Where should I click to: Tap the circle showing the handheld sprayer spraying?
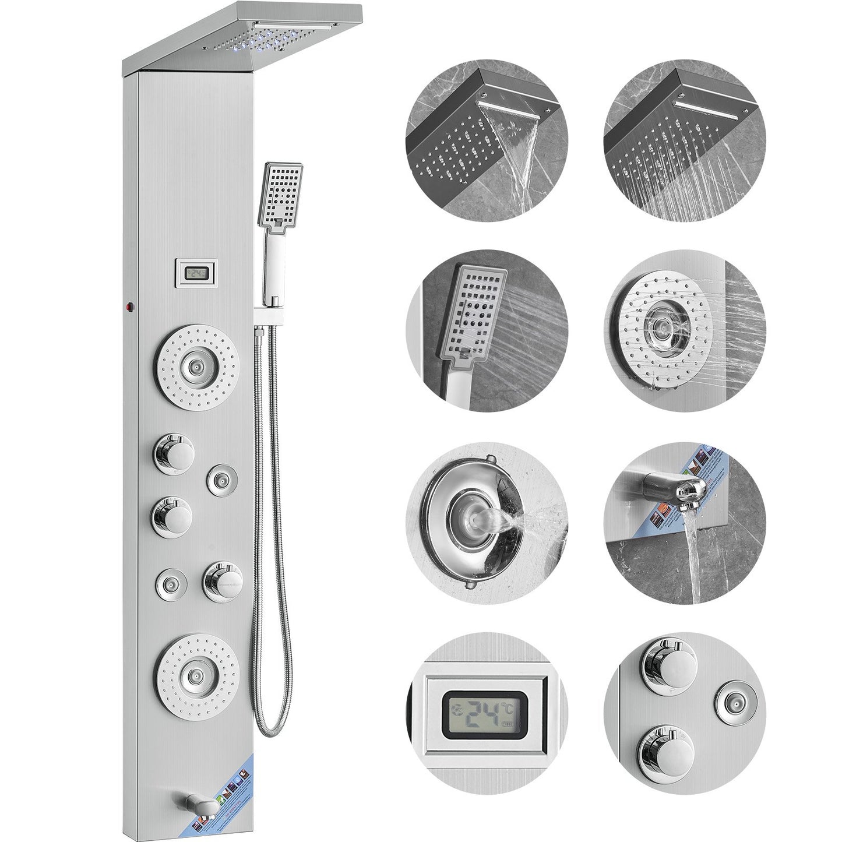487,332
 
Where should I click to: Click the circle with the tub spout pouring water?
684,522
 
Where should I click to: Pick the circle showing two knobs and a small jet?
684,713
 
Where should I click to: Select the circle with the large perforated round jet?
684,332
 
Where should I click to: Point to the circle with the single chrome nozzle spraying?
487,522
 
